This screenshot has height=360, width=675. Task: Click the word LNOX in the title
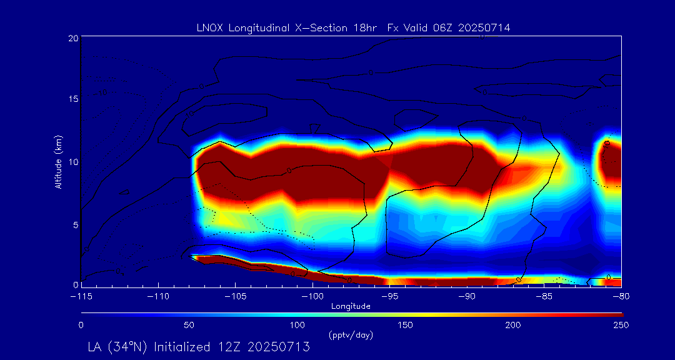pyautogui.click(x=209, y=27)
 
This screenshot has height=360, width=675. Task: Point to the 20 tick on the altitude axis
pyautogui.click(x=73, y=38)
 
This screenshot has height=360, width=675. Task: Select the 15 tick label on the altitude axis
pyautogui.click(x=73, y=99)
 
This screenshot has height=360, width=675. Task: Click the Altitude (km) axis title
pyautogui.click(x=58, y=162)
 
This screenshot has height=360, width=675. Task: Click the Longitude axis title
pyautogui.click(x=351, y=306)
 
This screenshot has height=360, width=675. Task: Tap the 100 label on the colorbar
pyautogui.click(x=297, y=325)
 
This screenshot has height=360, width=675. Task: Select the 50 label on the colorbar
pyautogui.click(x=189, y=325)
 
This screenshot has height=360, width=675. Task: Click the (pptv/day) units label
pyautogui.click(x=351, y=335)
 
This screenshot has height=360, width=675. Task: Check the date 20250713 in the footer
pyautogui.click(x=279, y=347)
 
